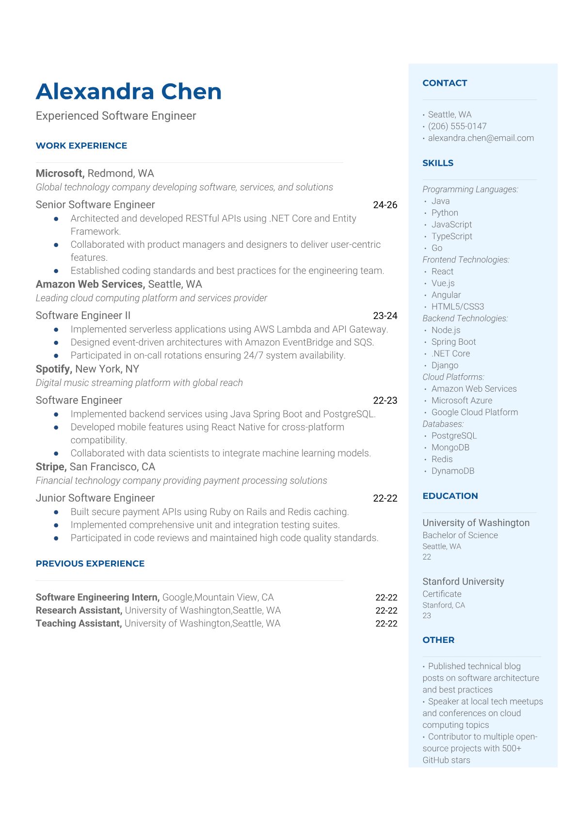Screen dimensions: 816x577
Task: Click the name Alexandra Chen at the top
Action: (128, 92)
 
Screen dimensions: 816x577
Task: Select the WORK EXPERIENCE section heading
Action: (81, 145)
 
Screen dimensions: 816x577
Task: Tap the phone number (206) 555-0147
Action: (457, 126)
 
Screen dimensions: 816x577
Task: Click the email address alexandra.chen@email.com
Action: (481, 138)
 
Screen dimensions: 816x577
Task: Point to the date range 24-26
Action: (385, 205)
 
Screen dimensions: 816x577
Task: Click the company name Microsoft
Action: (59, 174)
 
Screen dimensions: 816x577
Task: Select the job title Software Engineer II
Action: (83, 316)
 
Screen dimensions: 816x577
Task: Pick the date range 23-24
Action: (385, 316)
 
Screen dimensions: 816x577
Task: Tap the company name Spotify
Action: (53, 369)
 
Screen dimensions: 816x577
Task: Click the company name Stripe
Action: (50, 467)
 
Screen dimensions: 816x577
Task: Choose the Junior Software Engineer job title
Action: (95, 498)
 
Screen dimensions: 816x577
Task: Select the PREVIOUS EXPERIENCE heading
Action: (90, 563)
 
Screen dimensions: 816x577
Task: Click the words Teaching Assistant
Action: (78, 624)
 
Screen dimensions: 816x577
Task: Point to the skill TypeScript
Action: (451, 236)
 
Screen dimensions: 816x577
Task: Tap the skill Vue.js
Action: (443, 283)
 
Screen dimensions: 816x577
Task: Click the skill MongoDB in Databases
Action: (450, 448)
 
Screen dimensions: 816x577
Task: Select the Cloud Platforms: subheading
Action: (453, 377)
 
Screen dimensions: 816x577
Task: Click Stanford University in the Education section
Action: (463, 581)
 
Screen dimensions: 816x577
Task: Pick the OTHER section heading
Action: (438, 640)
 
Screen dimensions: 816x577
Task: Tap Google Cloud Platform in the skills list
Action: (474, 412)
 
